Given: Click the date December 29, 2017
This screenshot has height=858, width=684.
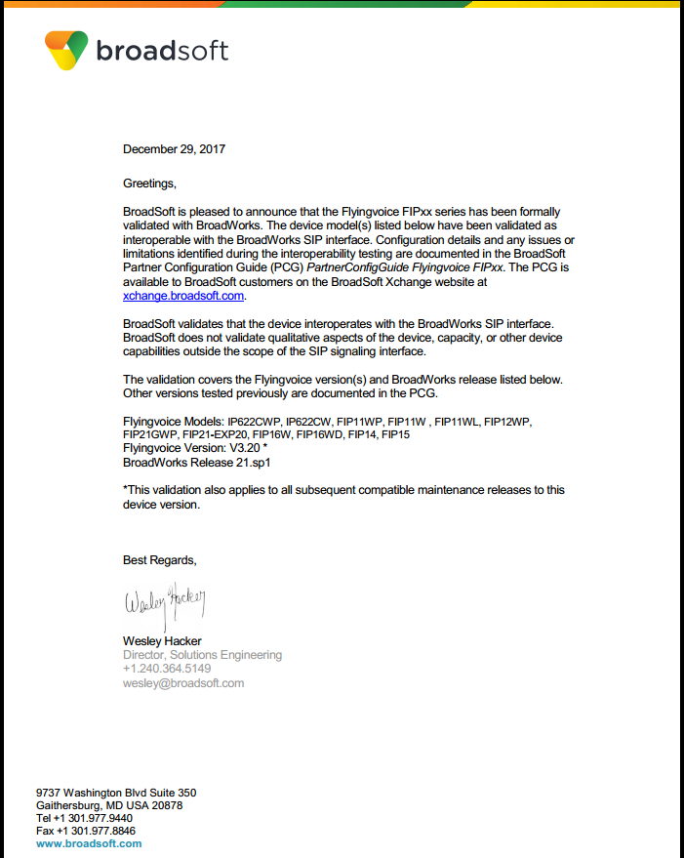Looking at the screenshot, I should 174,149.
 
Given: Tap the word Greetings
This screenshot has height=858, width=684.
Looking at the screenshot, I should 150,183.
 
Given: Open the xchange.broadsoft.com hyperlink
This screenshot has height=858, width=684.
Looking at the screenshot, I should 183,295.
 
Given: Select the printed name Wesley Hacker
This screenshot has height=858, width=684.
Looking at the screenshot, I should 162,641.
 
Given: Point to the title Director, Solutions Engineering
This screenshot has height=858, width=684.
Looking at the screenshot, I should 202,655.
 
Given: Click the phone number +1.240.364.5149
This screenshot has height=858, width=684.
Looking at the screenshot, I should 167,669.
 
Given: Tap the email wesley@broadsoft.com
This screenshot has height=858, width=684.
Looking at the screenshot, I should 183,683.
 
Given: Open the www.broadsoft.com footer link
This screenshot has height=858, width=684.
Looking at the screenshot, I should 89,843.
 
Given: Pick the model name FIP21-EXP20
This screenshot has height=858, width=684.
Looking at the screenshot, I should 214,434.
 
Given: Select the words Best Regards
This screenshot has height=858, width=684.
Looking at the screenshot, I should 159,560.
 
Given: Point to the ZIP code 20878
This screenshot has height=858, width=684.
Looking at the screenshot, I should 165,805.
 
